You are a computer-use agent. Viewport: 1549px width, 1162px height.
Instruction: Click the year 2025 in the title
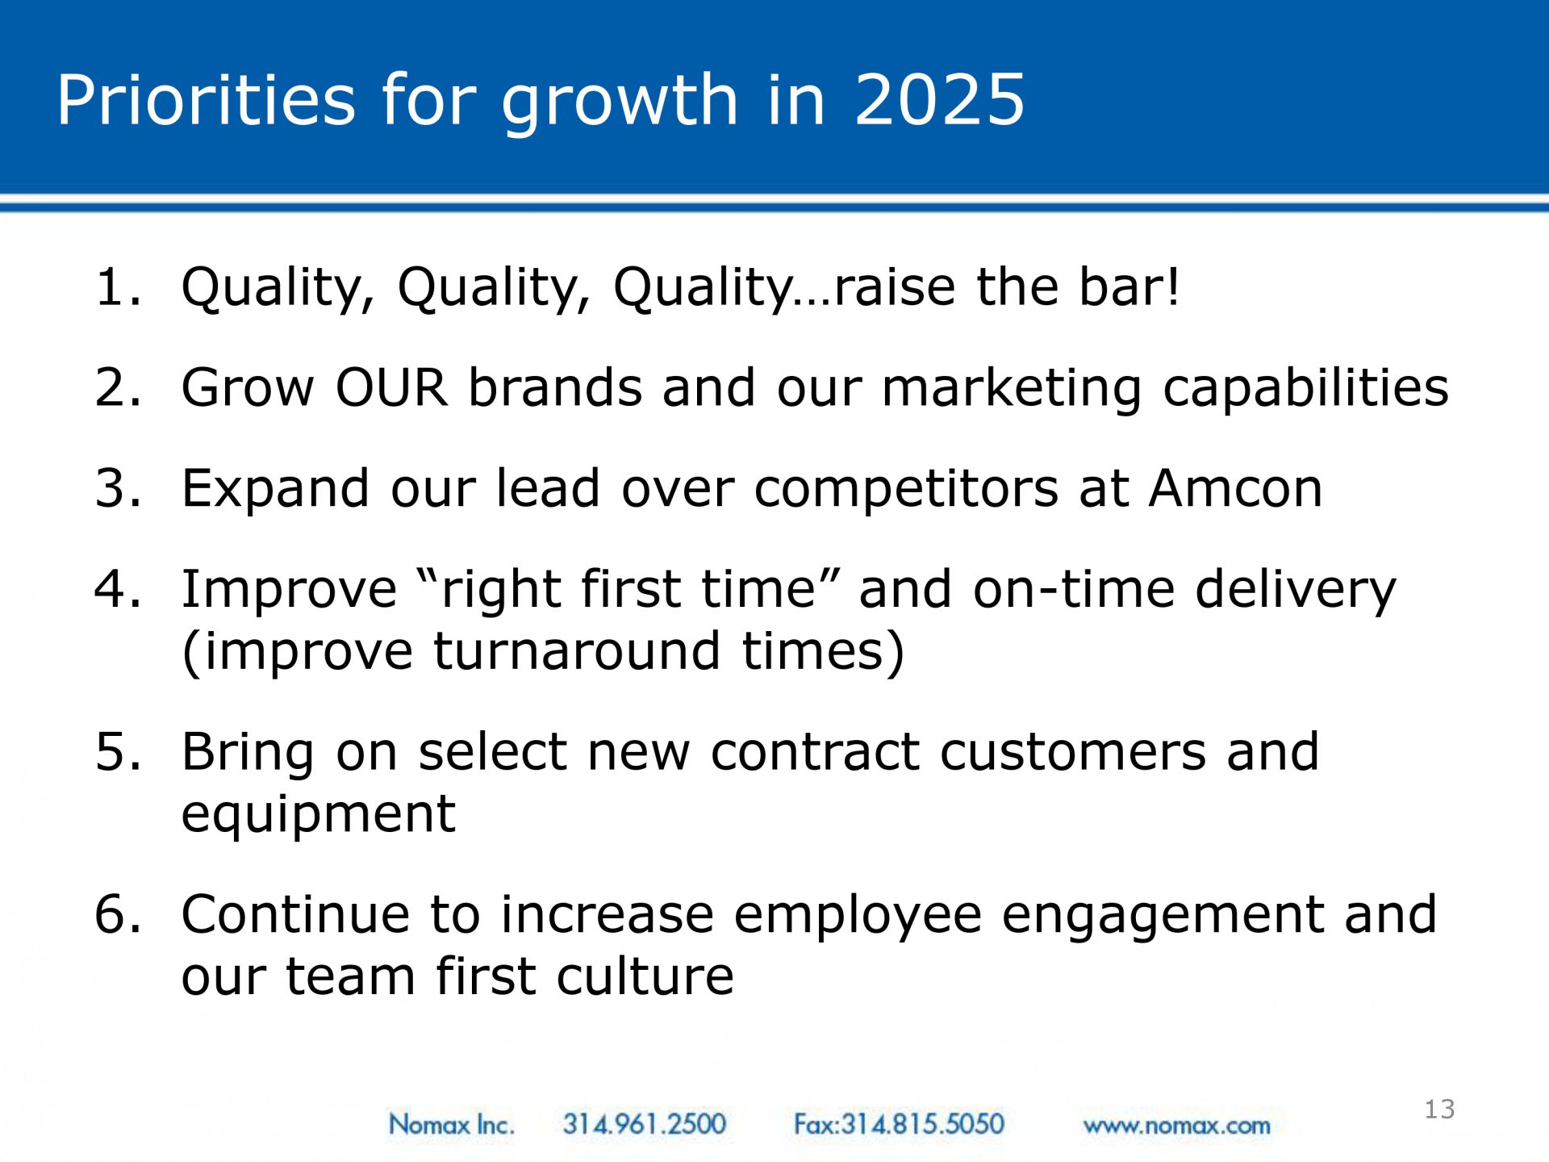[939, 99]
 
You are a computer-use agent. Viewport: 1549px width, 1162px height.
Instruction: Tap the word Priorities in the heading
[206, 99]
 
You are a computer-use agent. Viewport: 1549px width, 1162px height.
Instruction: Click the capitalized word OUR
[391, 387]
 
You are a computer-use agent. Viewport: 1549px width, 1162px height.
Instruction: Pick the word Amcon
[1236, 488]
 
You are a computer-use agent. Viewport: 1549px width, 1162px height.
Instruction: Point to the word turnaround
[577, 651]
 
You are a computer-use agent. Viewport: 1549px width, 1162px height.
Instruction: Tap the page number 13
[1439, 1110]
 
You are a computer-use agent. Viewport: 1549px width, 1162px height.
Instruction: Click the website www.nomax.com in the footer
[1176, 1126]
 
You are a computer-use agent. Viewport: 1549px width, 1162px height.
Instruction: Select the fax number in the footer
[900, 1124]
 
